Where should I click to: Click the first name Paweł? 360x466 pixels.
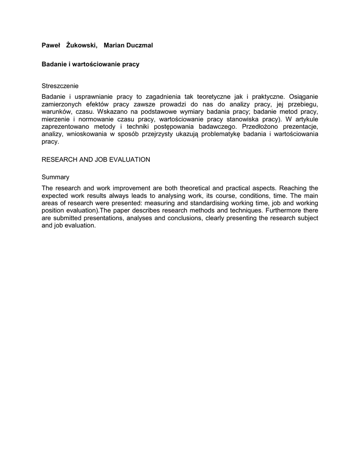point(51,45)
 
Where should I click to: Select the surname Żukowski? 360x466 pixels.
point(81,45)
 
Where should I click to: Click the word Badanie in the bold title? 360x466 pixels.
point(54,64)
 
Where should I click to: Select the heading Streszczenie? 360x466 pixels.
point(60,86)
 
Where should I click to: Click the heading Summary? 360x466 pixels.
point(56,177)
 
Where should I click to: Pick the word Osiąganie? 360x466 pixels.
point(304,96)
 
